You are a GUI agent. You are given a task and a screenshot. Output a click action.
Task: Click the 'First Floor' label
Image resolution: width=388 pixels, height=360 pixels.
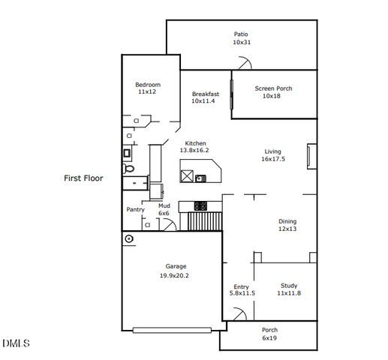click(x=83, y=178)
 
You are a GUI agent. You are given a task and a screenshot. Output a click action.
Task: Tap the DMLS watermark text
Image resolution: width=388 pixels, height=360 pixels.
click(x=16, y=343)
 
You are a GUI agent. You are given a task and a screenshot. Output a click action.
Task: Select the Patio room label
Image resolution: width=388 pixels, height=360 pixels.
click(x=240, y=34)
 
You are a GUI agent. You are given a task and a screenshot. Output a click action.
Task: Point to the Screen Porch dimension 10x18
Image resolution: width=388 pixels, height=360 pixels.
click(x=272, y=97)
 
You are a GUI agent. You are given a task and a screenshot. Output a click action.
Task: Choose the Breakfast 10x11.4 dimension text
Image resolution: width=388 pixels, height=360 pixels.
click(x=203, y=101)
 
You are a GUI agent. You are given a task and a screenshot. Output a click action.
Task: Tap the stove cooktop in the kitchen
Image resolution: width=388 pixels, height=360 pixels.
click(x=201, y=205)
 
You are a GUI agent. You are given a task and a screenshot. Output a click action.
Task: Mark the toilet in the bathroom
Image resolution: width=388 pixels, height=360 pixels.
click(x=129, y=170)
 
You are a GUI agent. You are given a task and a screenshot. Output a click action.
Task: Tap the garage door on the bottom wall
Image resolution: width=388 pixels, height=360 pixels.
click(x=177, y=329)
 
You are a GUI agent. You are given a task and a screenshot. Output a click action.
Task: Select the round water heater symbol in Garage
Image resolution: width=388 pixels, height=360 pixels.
click(x=129, y=238)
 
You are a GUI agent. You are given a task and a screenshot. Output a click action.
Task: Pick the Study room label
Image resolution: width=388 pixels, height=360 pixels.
click(x=289, y=286)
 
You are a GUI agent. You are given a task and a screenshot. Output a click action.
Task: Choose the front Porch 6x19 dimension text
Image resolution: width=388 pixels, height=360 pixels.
click(x=269, y=338)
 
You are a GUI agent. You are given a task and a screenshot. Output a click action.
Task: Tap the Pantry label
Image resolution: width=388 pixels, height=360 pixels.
click(x=135, y=209)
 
